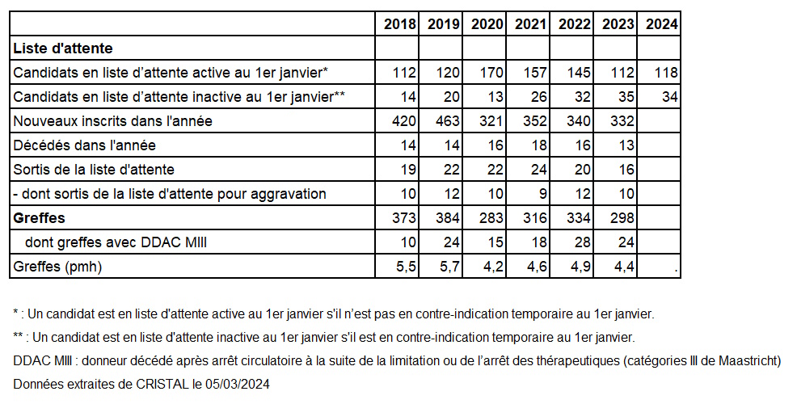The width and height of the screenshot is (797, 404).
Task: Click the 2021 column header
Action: [x=530, y=24]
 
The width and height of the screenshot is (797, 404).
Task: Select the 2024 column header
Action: [x=662, y=24]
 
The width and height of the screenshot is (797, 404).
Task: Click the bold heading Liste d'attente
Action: [x=63, y=48]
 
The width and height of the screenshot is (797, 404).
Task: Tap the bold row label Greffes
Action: [x=39, y=218]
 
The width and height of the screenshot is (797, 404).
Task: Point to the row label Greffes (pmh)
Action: [x=57, y=267]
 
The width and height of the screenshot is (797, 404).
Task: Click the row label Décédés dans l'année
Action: [x=84, y=145]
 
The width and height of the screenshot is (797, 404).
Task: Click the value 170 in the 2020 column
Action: [x=492, y=73]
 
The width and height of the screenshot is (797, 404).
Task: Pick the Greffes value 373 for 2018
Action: [x=404, y=218]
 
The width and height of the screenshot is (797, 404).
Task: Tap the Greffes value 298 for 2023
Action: [x=622, y=218]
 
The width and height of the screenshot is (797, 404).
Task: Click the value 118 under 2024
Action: [x=666, y=73]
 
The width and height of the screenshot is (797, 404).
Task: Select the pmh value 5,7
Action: [x=450, y=267]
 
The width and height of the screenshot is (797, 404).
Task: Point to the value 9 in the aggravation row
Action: [x=543, y=194]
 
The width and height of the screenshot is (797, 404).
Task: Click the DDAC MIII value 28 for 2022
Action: [x=583, y=242]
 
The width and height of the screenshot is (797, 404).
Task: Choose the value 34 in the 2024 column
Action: [x=670, y=96]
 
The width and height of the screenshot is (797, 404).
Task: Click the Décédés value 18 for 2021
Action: [x=539, y=145]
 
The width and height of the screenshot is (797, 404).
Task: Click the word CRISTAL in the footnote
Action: [x=162, y=384]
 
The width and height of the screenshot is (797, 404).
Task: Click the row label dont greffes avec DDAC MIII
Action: [x=116, y=242]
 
